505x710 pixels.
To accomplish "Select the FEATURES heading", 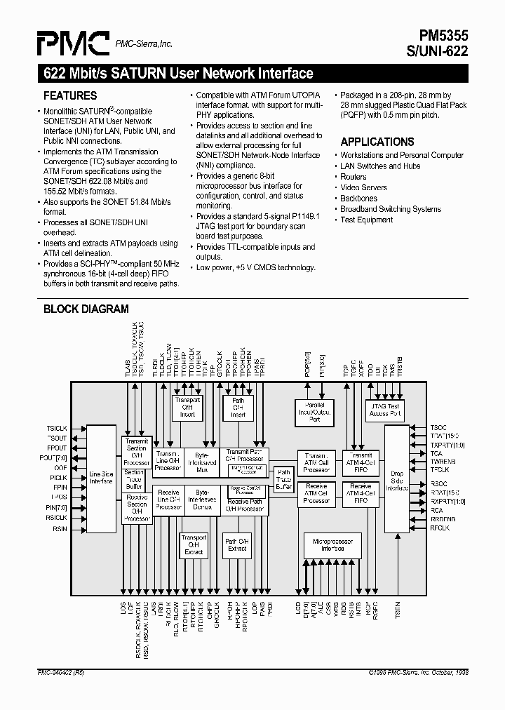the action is pyautogui.click(x=70, y=96).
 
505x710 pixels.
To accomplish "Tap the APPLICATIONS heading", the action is pyautogui.click(x=377, y=142).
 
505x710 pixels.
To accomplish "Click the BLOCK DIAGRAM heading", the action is pyautogui.click(x=86, y=309).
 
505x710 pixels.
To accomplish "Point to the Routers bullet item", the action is pyautogui.click(x=353, y=177).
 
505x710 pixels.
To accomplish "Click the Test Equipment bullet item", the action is pyautogui.click(x=366, y=220).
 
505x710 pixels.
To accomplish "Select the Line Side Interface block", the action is pyautogui.click(x=101, y=477).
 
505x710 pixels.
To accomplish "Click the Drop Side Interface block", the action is pyautogui.click(x=397, y=478).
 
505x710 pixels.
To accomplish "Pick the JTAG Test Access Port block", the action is pyautogui.click(x=384, y=410).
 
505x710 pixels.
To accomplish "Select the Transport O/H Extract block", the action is pyautogui.click(x=194, y=544).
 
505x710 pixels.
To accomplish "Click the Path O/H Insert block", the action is pyautogui.click(x=238, y=408).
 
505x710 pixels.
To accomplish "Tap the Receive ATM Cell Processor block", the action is pyautogui.click(x=317, y=493).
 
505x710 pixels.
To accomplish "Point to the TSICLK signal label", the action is pyautogui.click(x=56, y=427).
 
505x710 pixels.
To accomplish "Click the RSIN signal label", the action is pyautogui.click(x=59, y=529).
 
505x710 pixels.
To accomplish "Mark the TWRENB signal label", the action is pyautogui.click(x=443, y=462).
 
